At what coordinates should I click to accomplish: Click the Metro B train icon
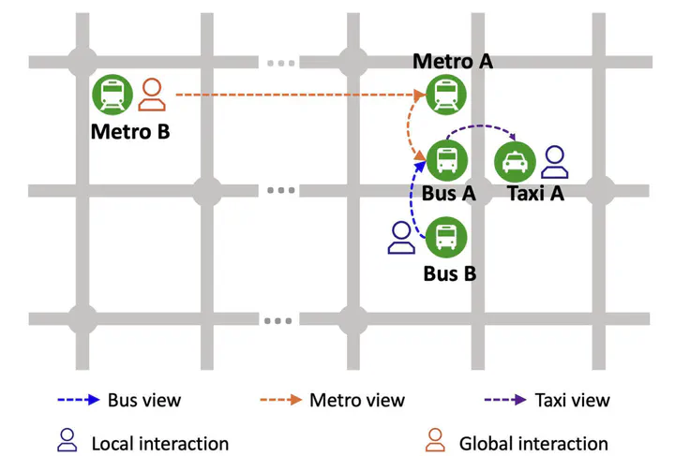click(112, 95)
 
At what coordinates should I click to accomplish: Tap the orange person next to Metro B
click(152, 95)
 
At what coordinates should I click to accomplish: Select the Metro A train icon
click(444, 95)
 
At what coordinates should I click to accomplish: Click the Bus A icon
click(445, 159)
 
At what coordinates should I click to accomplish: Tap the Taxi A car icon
click(514, 162)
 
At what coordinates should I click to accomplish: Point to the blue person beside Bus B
click(402, 238)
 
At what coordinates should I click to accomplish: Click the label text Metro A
click(453, 62)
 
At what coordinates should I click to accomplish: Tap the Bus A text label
click(449, 194)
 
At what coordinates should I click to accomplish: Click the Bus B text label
click(450, 273)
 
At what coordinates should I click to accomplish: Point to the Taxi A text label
click(534, 194)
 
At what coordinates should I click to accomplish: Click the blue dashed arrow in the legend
click(77, 400)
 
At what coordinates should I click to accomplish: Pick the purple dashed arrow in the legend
click(504, 400)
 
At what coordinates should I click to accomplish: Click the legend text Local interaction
click(159, 443)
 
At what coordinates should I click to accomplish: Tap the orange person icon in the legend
click(435, 440)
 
